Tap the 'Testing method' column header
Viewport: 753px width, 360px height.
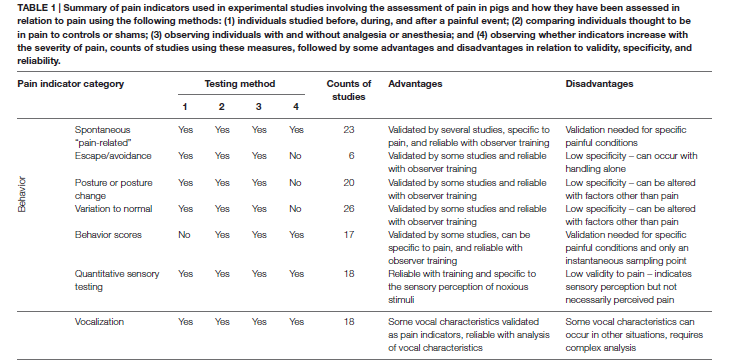click(x=239, y=85)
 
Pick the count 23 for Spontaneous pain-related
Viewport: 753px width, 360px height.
click(x=349, y=129)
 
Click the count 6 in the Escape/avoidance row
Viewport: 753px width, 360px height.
click(x=349, y=155)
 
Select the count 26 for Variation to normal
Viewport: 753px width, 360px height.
click(x=349, y=210)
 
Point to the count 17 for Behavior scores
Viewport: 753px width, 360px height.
click(x=349, y=237)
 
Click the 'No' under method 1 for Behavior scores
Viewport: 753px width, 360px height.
click(x=184, y=237)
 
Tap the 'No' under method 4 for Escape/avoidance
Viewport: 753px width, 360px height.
click(x=294, y=155)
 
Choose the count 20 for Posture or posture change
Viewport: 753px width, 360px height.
click(x=349, y=183)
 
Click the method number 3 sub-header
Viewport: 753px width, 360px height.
click(x=258, y=105)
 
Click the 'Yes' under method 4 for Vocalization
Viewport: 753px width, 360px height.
click(x=294, y=321)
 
